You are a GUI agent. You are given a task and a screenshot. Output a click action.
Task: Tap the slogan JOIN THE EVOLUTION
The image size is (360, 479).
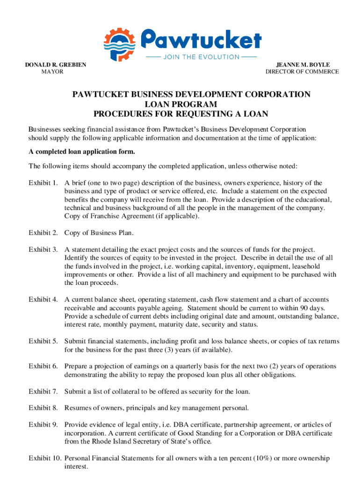tap(201, 57)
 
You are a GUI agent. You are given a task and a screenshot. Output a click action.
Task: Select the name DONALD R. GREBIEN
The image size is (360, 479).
tap(56, 65)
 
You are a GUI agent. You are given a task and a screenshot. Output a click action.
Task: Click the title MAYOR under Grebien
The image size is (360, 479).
tap(53, 72)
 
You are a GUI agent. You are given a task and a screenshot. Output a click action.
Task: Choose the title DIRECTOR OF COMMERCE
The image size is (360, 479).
tap(302, 72)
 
